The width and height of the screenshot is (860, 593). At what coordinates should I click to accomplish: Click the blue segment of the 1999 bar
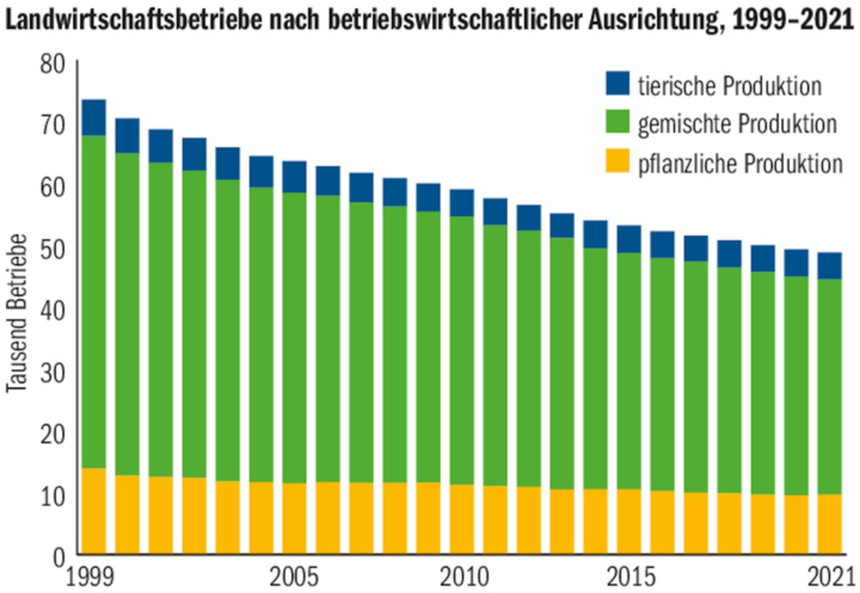pos(93,117)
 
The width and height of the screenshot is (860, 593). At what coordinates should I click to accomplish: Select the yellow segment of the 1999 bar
pos(93,511)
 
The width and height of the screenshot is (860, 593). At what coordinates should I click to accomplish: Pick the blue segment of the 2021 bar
pos(829,265)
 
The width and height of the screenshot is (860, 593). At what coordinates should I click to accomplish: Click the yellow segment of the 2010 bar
pos(461,519)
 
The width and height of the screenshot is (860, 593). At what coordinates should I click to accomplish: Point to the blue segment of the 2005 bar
pos(294,177)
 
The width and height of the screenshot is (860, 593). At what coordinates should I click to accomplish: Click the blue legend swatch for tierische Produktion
pos(617,84)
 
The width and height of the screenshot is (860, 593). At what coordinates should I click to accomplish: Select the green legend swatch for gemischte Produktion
pos(617,122)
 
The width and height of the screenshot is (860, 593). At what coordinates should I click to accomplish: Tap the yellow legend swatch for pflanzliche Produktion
pos(617,161)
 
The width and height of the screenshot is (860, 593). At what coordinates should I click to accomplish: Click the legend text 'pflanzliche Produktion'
pos(740,164)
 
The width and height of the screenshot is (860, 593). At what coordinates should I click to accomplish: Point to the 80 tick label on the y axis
pos(52,63)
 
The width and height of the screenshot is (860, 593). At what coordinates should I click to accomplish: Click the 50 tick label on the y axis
pos(52,249)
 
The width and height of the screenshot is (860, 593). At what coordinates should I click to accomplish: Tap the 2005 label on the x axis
pos(294,578)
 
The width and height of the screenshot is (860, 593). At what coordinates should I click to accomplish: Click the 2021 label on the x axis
pos(831,578)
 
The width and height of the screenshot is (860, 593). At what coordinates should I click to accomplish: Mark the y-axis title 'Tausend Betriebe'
pos(17,313)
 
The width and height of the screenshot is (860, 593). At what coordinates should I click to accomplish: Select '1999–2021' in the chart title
pos(792,20)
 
